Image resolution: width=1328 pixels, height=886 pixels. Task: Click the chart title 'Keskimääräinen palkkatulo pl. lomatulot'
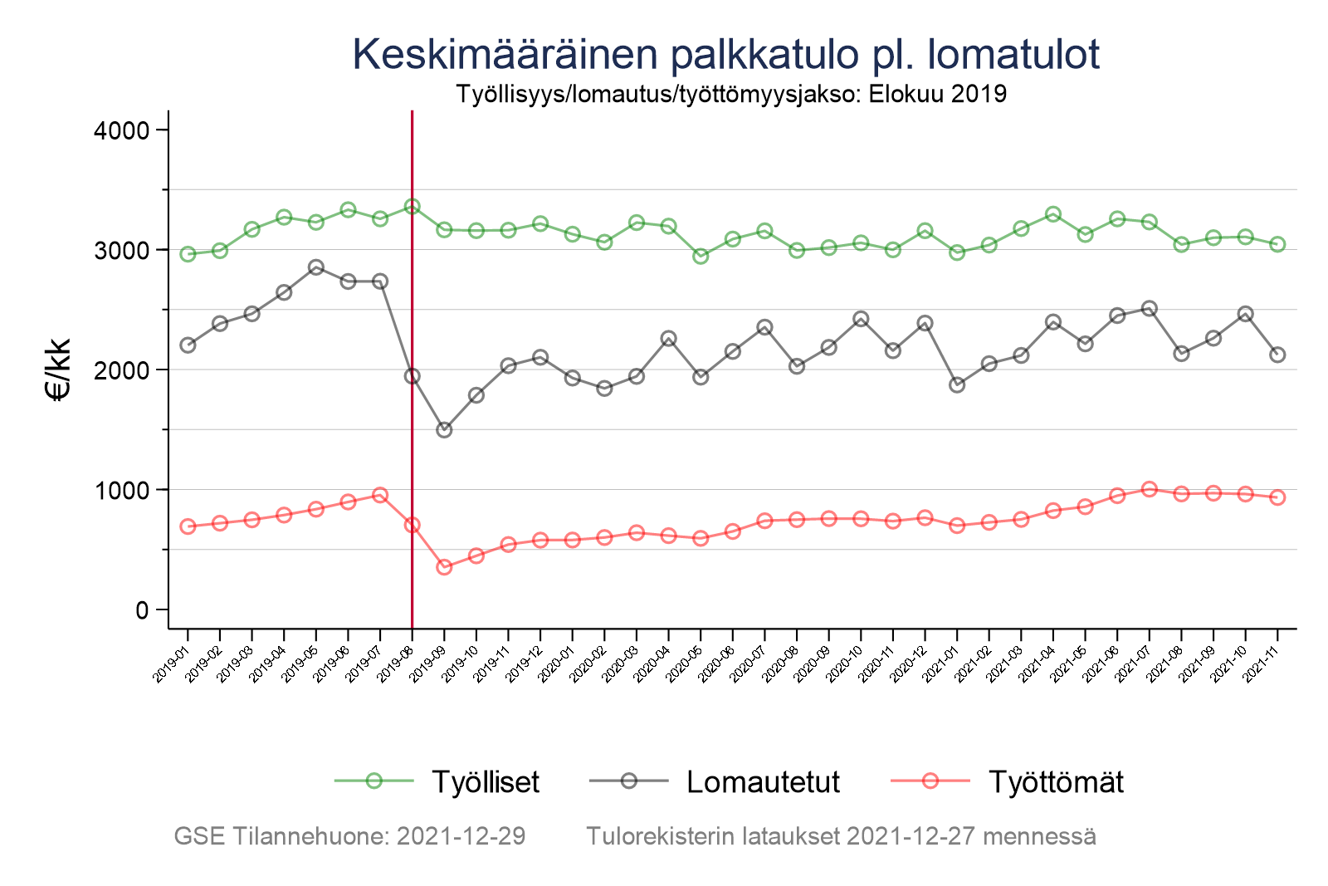pos(725,55)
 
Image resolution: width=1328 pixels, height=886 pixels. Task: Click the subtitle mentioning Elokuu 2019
pos(730,94)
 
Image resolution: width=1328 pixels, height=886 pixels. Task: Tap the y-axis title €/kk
pos(59,370)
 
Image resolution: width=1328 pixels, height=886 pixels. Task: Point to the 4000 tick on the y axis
pos(119,130)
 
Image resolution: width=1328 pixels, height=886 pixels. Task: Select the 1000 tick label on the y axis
pos(119,490)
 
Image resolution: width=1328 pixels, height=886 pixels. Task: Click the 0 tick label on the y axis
pos(140,610)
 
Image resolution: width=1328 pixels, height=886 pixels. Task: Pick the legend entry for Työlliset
pos(485,781)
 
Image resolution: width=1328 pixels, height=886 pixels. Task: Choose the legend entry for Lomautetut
pos(763,781)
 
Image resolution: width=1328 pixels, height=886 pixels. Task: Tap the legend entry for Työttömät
pos(1056,781)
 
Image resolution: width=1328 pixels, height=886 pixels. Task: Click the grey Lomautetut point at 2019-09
pos(444,430)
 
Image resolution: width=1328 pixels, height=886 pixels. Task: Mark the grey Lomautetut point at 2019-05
pos(315,267)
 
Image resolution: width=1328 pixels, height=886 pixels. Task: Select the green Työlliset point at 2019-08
pos(412,206)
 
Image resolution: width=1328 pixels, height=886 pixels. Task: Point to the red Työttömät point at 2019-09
pos(444,567)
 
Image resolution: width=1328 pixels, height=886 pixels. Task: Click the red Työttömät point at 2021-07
pos(1149,489)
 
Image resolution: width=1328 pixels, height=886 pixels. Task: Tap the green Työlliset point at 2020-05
pos(701,257)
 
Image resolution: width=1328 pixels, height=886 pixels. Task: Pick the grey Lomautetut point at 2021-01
pos(957,385)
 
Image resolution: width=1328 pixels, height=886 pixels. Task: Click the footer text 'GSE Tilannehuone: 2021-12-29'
pos(349,836)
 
